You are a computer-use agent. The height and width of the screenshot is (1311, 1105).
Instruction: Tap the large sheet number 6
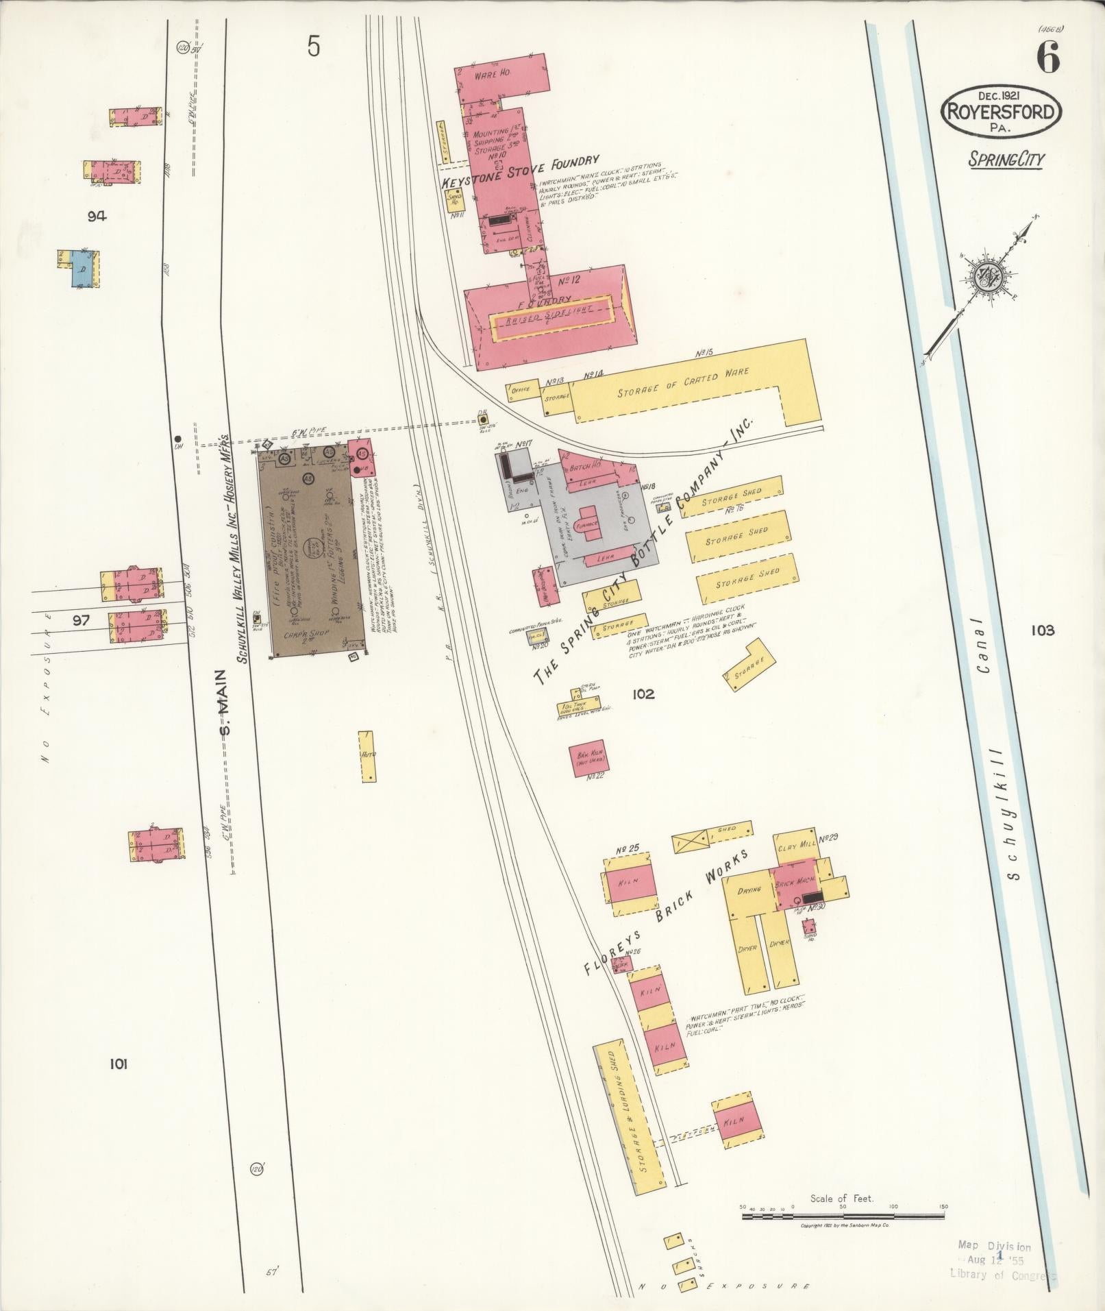(x=1048, y=58)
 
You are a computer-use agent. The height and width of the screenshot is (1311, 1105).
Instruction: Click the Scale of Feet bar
(x=843, y=737)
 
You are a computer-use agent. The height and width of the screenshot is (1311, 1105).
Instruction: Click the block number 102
(x=643, y=694)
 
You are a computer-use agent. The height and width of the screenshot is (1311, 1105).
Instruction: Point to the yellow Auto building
(x=367, y=756)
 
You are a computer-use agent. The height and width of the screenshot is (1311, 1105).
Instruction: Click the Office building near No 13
(x=523, y=391)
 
